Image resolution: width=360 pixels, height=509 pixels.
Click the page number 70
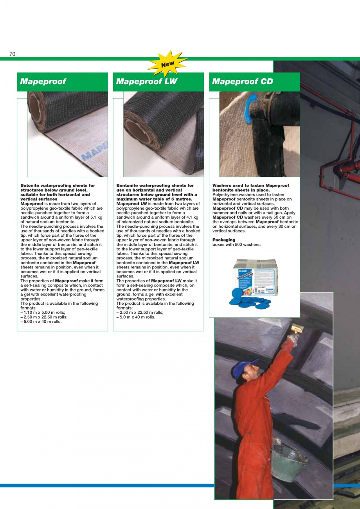12,54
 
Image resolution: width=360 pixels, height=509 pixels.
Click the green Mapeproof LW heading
147,82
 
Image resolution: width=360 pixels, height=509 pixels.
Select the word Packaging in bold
224,240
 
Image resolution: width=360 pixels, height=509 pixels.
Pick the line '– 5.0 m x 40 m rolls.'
136,317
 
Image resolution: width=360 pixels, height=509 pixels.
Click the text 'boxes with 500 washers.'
236,245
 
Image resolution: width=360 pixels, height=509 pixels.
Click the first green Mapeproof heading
43,82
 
